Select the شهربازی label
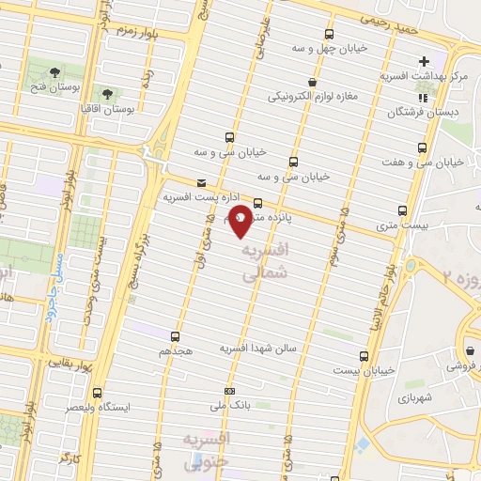pyautogui.click(x=440, y=397)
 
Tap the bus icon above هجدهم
pyautogui.click(x=175, y=335)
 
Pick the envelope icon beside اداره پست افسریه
pyautogui.click(x=201, y=183)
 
